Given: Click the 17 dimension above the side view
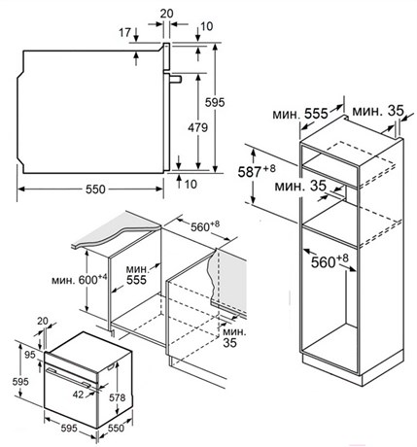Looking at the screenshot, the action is pos(124,32).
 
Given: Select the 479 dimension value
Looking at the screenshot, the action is pos(197,127).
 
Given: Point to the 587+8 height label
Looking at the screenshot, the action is pos(257,171).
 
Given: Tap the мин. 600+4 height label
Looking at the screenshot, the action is pos(80,279).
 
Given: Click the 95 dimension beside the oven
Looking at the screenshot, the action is pos(30,355).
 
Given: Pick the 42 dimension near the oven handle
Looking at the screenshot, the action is pos(78,395).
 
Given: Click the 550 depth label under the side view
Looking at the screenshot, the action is pos(95,189).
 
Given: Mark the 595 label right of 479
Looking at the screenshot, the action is pos(215,102).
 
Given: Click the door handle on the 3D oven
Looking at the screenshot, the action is pos(68,377).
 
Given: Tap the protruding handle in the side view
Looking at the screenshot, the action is pos(175,79).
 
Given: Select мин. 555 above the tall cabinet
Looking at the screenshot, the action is pos(300,114).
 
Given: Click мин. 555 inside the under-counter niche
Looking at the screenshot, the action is pos(137,275).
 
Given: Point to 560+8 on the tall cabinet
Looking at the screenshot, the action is pos(330,261).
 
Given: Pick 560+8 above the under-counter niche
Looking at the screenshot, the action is pos(205,225).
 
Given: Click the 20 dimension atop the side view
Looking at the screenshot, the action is pos(167,14).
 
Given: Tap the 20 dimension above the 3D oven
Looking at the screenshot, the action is pos(43,321).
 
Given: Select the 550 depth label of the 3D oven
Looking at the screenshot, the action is pos(116,429).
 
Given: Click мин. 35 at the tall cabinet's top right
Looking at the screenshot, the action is pos(378,111).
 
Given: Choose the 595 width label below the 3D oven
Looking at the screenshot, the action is pos(69,429).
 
